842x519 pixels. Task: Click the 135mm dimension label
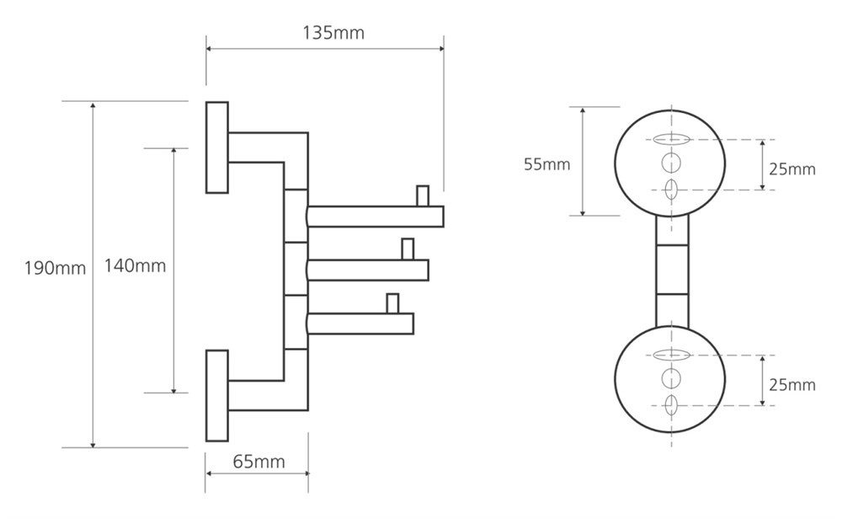(333, 34)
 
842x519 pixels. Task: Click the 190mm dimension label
(55, 269)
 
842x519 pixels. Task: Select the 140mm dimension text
(135, 266)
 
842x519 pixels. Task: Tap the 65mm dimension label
(258, 462)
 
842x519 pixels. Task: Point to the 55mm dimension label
(546, 164)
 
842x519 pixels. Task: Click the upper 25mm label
(791, 169)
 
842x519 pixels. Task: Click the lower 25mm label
(791, 385)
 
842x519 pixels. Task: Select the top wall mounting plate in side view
(217, 147)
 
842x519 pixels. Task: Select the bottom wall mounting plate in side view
(217, 395)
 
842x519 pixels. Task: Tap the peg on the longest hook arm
(424, 195)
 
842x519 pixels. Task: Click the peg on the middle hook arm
(408, 249)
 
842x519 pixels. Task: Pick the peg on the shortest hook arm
(392, 302)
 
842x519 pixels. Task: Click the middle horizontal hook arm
(368, 270)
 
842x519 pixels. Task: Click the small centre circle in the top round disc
(671, 162)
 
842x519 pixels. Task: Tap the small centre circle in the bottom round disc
(671, 377)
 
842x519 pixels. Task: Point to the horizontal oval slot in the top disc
(671, 139)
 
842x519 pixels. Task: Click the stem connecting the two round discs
(671, 270)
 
